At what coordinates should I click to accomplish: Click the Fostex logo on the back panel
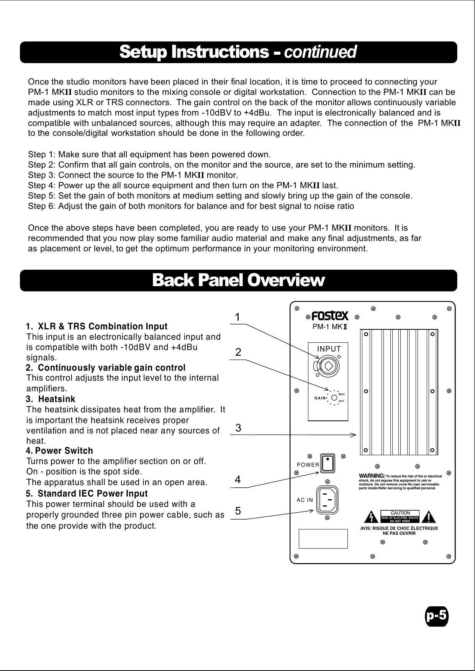point(330,316)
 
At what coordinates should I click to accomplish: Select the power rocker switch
point(328,464)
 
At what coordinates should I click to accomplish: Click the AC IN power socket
point(328,499)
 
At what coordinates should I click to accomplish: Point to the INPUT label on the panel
point(329,349)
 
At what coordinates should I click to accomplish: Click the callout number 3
point(238,428)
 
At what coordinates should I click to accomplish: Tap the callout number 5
point(238,511)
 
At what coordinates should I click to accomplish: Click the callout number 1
point(238,317)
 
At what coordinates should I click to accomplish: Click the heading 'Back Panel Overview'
point(238,280)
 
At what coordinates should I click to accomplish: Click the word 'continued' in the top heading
point(320,52)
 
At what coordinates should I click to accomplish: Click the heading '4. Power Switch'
point(59,451)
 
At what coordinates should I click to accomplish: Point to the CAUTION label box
point(400,513)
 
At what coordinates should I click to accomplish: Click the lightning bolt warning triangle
point(371,517)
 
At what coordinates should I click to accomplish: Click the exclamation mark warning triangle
point(429,517)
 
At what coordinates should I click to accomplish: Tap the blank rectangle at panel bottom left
point(323,539)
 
